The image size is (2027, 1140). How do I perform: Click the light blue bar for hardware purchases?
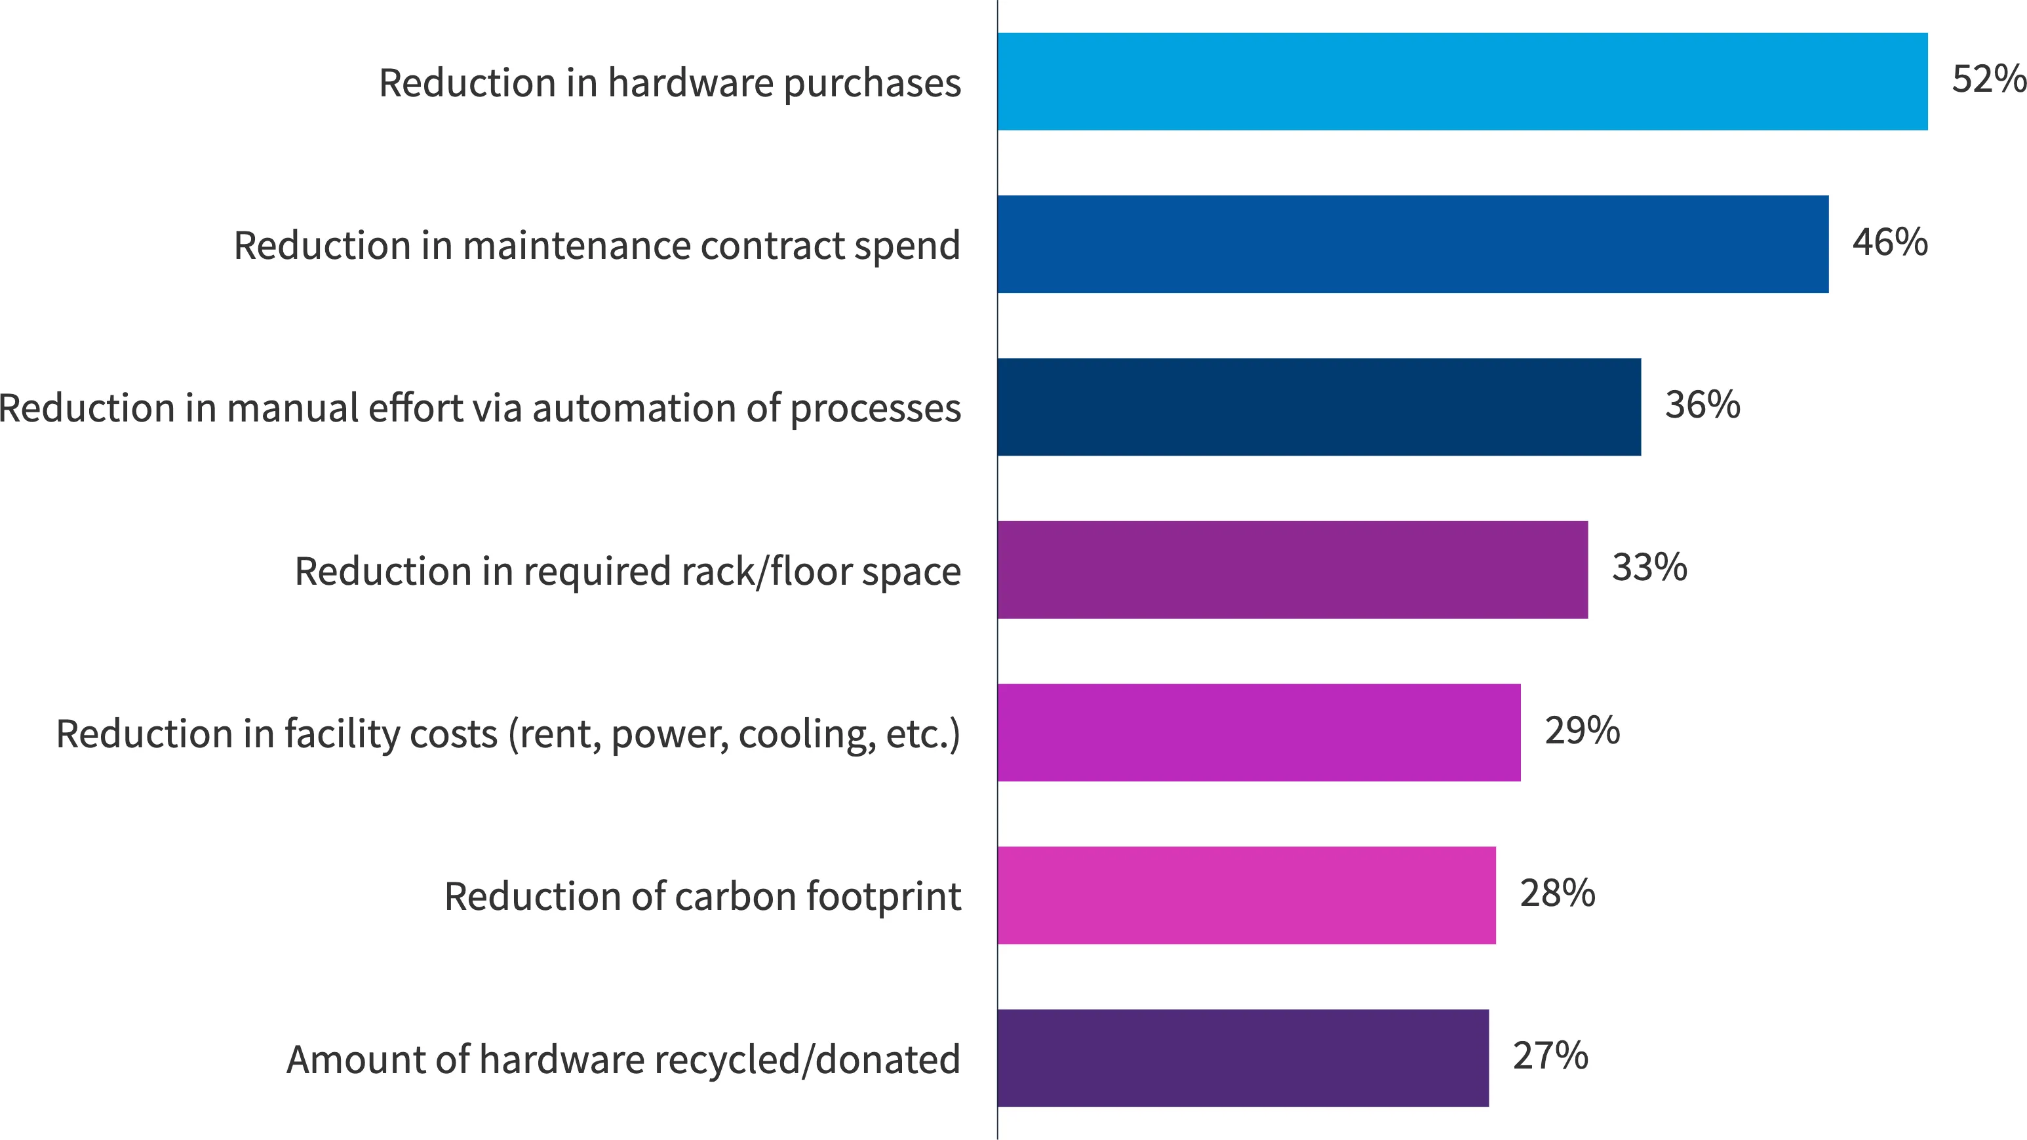pos(1462,81)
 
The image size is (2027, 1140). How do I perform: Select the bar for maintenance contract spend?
pos(1413,244)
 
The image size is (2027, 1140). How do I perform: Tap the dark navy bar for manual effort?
pos(1319,406)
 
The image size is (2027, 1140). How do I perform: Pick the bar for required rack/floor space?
pos(1292,570)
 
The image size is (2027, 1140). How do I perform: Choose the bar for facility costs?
pos(1259,732)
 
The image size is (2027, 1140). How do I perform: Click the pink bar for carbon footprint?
pos(1246,895)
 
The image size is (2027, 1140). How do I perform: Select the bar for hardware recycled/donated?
pos(1242,1058)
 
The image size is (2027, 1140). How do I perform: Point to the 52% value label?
pos(1988,79)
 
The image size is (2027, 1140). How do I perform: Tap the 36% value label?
pos(1702,404)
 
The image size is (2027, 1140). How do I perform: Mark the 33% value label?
pos(1649,567)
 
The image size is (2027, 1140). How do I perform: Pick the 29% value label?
pos(1583,730)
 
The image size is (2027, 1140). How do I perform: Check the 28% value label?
pos(1557,893)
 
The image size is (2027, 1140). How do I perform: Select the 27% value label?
pos(1550,1056)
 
